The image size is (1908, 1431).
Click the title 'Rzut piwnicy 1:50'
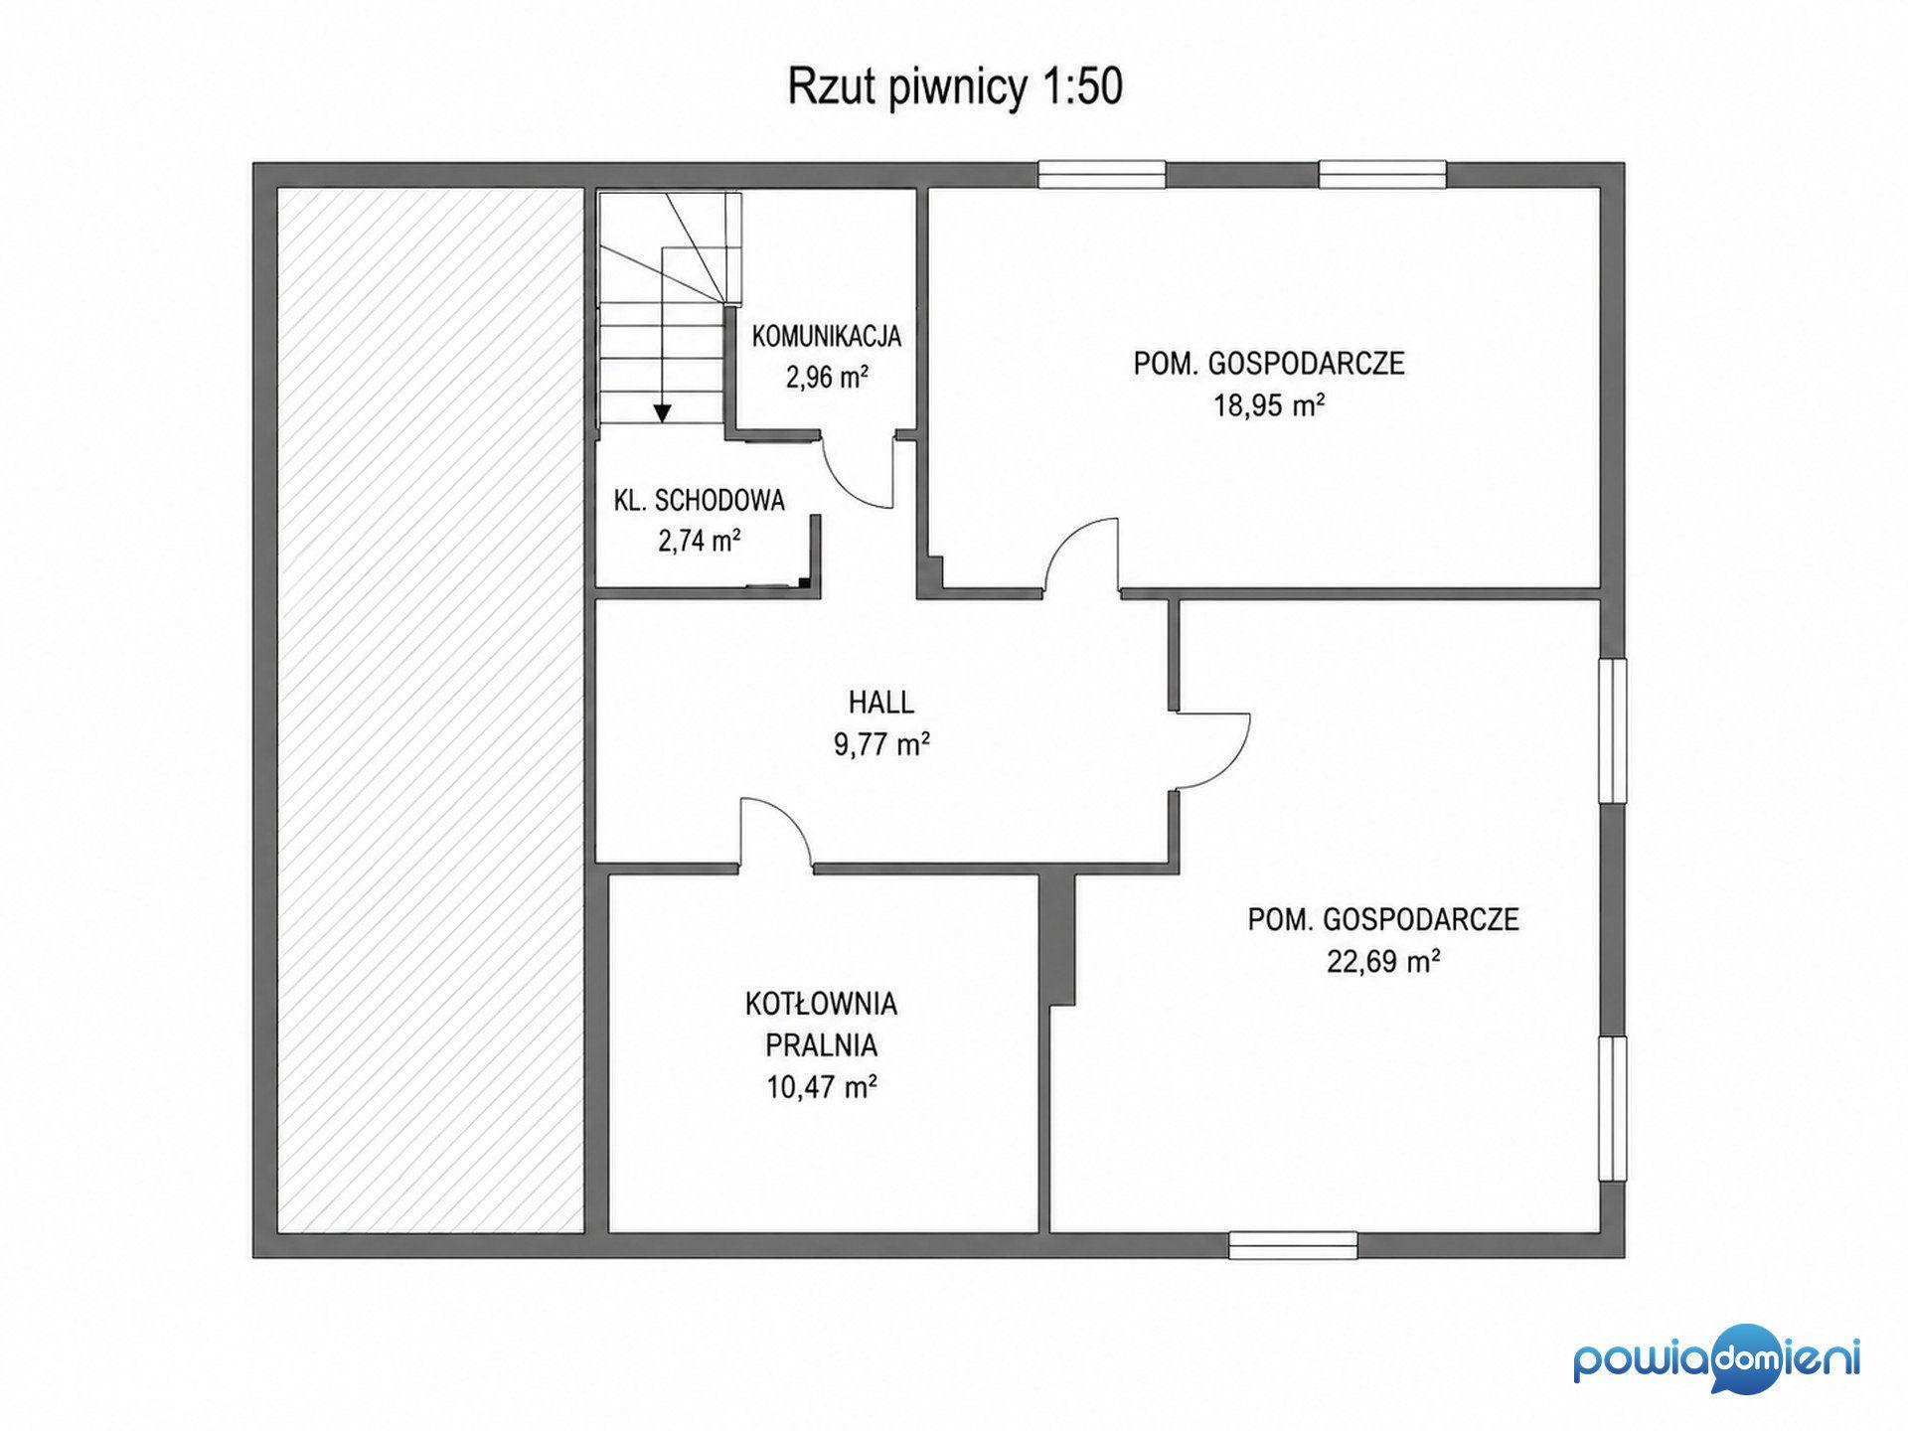point(955,86)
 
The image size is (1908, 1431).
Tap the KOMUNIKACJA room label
point(827,336)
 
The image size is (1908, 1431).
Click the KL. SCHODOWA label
point(700,500)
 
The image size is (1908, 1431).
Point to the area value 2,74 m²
point(700,541)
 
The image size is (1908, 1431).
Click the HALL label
point(881,703)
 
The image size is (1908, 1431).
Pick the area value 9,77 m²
point(881,744)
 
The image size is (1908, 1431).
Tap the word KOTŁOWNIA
point(821,1004)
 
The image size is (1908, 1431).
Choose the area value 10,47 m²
point(821,1086)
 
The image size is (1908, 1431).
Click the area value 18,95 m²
point(1269,405)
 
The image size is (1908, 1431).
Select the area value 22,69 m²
point(1383,961)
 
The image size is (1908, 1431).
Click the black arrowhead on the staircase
point(661,413)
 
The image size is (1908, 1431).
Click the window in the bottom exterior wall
point(1293,1244)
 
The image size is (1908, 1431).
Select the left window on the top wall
point(1102,175)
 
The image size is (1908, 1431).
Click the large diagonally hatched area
point(429,711)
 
